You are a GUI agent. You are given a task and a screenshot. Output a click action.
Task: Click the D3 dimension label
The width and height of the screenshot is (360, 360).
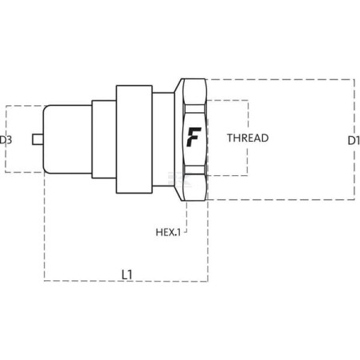6,139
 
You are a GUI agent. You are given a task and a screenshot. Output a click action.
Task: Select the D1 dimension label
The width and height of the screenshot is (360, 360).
354,140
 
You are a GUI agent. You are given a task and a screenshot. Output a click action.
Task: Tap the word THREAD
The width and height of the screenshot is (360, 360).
248,138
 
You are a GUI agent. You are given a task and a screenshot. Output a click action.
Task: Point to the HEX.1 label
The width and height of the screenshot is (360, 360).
168,233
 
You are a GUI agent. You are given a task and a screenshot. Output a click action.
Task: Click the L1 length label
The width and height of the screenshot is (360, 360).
127,275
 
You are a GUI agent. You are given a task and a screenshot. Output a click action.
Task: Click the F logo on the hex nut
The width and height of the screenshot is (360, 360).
194,137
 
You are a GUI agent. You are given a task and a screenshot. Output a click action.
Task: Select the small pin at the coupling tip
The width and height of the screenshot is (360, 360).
37,139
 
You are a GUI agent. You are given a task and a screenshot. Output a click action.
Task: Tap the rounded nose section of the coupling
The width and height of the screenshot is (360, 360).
68,139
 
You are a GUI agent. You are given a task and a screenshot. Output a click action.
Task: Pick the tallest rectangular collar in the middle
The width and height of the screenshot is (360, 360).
134,139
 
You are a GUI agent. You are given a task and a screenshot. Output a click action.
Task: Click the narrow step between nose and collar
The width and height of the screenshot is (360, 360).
104,139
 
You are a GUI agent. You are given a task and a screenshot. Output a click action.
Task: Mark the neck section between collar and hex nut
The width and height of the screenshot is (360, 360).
163,139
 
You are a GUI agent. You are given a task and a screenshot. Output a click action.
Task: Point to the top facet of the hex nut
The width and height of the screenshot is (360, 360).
194,92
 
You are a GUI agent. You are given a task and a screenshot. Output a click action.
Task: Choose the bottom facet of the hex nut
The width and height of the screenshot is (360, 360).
194,187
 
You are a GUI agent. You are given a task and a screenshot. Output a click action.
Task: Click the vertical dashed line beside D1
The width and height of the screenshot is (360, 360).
354,139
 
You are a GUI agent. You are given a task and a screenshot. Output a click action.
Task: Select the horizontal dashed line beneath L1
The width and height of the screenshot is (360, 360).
126,280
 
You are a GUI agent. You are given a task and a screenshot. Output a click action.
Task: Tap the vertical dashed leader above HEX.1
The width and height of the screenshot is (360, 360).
186,217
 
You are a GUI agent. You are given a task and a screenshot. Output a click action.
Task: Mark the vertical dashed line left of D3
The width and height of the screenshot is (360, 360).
6,139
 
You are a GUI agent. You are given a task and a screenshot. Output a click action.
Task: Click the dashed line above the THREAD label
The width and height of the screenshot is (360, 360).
228,100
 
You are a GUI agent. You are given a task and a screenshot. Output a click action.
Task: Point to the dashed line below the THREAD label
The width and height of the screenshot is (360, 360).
228,175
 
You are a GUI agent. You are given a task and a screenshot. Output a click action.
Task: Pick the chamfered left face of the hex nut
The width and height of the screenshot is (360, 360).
179,139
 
